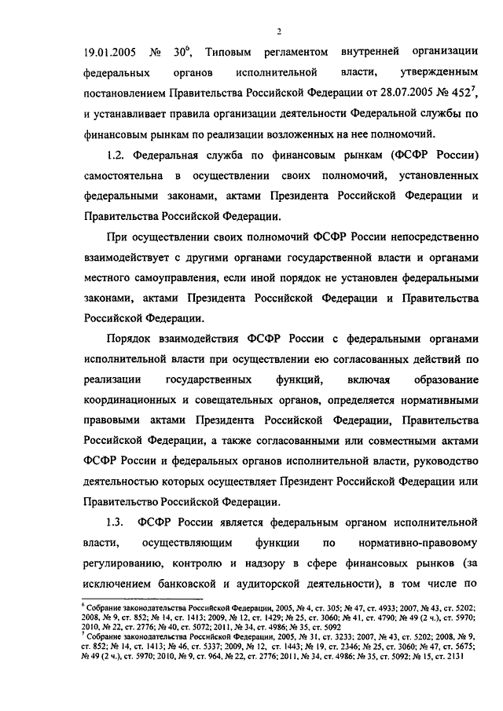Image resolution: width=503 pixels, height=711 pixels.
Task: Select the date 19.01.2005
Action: pyautogui.click(x=110, y=53)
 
